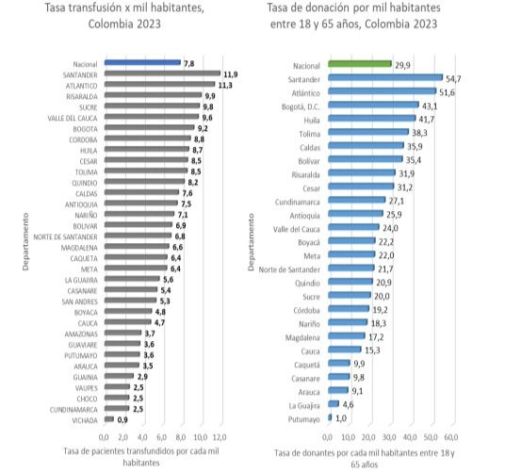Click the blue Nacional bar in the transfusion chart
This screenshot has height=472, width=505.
[142, 62]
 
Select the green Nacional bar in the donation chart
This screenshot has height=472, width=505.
[360, 64]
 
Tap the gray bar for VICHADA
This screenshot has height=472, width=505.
[109, 419]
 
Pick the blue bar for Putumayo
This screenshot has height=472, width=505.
[330, 417]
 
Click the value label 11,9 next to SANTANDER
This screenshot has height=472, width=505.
[231, 74]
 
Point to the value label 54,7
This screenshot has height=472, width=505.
[453, 79]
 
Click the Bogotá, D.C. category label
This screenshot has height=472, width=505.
[301, 106]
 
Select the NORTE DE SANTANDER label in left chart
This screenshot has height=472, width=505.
[65, 237]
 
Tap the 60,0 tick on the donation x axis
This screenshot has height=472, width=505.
[451, 437]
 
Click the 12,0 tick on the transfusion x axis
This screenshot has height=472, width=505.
[220, 437]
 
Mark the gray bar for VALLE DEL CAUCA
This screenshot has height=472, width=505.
[152, 117]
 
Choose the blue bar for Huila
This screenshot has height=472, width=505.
[371, 118]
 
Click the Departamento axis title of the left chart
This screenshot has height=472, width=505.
[25, 242]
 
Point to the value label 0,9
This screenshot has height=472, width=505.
[122, 420]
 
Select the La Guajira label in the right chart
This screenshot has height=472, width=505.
[304, 406]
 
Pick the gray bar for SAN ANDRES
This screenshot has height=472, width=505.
[130, 301]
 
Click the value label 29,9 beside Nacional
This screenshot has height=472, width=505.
[402, 65]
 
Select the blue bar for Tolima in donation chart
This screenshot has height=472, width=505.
[368, 132]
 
